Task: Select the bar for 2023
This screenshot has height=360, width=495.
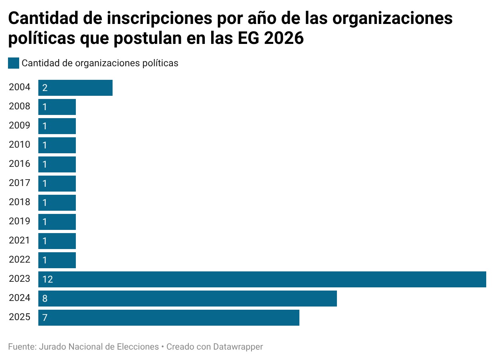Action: (x=262, y=279)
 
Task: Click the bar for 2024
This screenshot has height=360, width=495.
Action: (x=188, y=299)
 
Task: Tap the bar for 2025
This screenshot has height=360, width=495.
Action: (x=169, y=318)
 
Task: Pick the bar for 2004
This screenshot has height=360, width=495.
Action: (x=75, y=88)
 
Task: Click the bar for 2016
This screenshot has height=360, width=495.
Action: (x=57, y=164)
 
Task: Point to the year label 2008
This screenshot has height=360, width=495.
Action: (x=20, y=107)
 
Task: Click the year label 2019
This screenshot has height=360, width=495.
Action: (x=20, y=222)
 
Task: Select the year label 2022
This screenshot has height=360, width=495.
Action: (x=20, y=260)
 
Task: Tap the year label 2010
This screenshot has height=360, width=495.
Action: (x=20, y=145)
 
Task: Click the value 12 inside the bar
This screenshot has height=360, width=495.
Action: (x=48, y=279)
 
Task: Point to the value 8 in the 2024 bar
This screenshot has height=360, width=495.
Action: (x=45, y=299)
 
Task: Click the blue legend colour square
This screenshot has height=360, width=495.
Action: (x=14, y=63)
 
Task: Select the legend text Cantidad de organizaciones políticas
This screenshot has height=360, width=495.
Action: (x=100, y=63)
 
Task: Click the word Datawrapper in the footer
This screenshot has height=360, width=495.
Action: (x=238, y=346)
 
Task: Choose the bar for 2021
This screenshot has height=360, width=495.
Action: (x=57, y=241)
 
